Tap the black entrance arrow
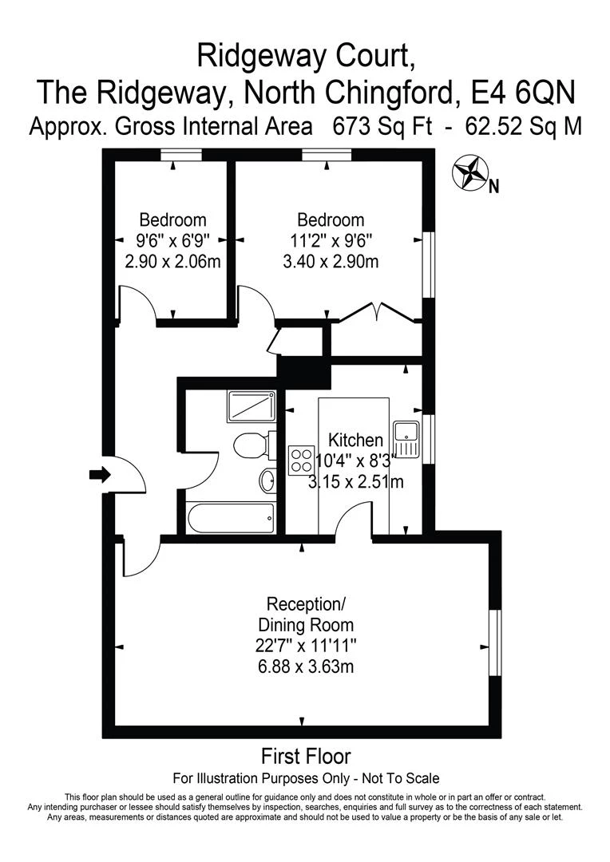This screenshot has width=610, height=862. (99, 476)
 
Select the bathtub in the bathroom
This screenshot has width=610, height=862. (231, 518)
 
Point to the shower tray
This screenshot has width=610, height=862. (252, 406)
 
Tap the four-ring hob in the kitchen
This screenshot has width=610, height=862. (301, 461)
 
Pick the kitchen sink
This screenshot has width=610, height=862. (406, 440)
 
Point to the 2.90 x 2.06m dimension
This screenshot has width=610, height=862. (173, 261)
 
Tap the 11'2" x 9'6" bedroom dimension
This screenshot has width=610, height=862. (331, 240)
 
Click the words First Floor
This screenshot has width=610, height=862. (306, 756)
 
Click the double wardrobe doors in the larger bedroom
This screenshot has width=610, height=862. (376, 313)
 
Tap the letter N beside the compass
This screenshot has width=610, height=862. (493, 188)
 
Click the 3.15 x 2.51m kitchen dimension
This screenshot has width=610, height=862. (356, 482)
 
